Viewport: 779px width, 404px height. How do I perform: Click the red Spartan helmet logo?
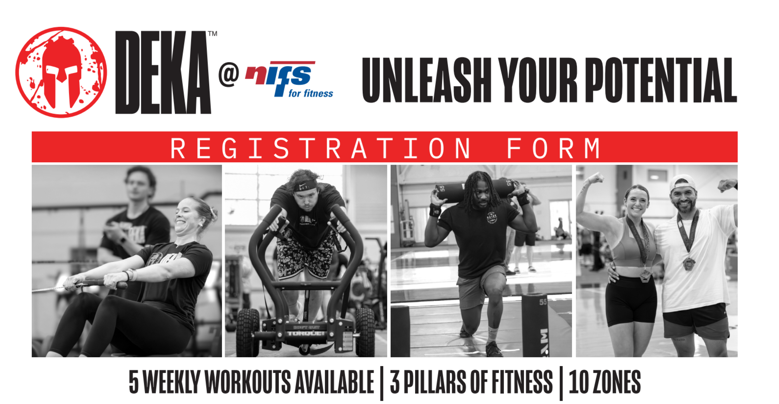(x=61, y=72)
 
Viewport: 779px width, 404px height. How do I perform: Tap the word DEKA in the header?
(x=163, y=72)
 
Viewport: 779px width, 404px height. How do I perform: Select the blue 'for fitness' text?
(x=311, y=94)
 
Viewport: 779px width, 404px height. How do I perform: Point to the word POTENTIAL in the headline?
(x=661, y=80)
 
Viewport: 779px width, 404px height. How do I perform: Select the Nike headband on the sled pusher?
(x=305, y=185)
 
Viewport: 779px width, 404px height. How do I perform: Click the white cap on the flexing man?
(x=682, y=183)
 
